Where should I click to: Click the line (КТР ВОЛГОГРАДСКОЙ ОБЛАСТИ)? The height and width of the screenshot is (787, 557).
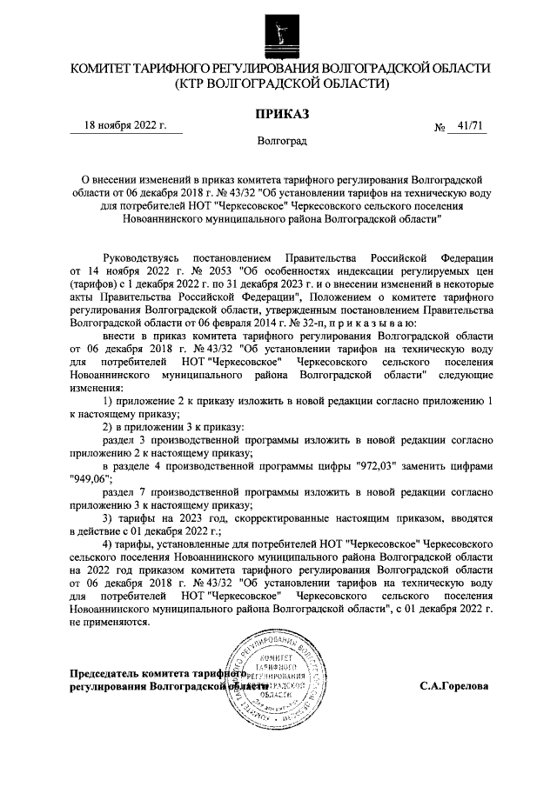click(279, 84)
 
